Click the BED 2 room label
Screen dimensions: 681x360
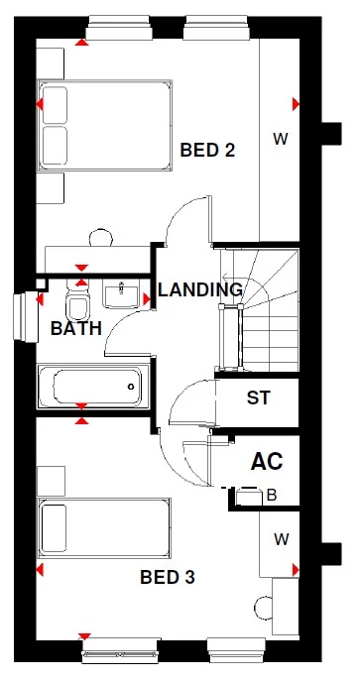pos(206,151)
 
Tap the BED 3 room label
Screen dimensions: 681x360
pos(167,578)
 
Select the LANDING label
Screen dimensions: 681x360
pos(200,290)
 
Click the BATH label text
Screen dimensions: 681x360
pos(76,328)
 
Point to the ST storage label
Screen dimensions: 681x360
pos(258,398)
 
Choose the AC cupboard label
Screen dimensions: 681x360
pos(266,461)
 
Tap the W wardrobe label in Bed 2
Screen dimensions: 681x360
pos(280,140)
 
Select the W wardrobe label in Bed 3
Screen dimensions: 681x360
pos(281,539)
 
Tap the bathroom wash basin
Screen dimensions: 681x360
pos(122,293)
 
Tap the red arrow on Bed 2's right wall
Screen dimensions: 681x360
pos(296,104)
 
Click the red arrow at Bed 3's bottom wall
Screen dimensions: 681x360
pos(84,635)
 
